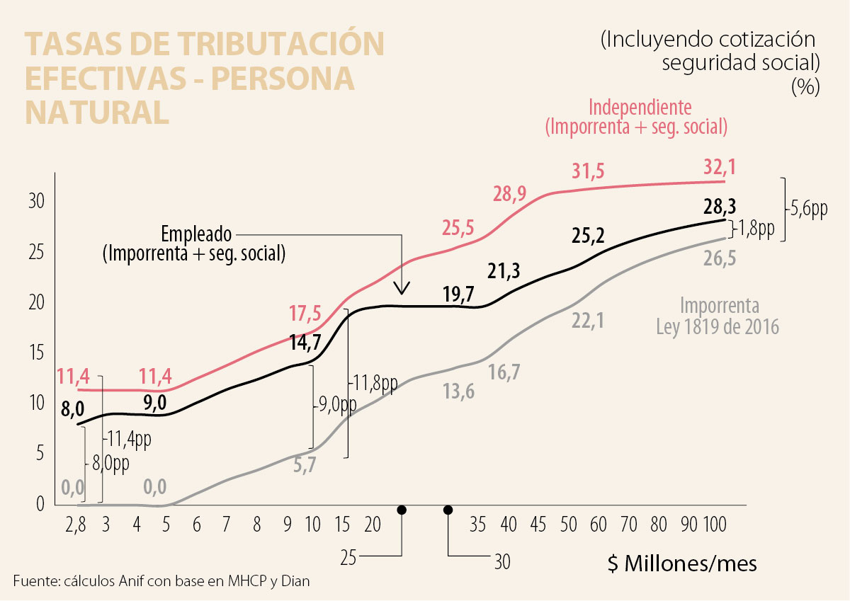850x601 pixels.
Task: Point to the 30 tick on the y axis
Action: point(36,201)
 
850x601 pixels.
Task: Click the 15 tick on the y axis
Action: point(36,353)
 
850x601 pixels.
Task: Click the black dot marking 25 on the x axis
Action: point(402,510)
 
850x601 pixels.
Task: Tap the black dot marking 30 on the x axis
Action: point(448,510)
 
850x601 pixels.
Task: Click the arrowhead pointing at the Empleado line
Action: point(402,288)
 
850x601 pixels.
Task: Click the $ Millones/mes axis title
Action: point(681,564)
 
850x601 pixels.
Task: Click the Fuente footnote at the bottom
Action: point(161,581)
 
